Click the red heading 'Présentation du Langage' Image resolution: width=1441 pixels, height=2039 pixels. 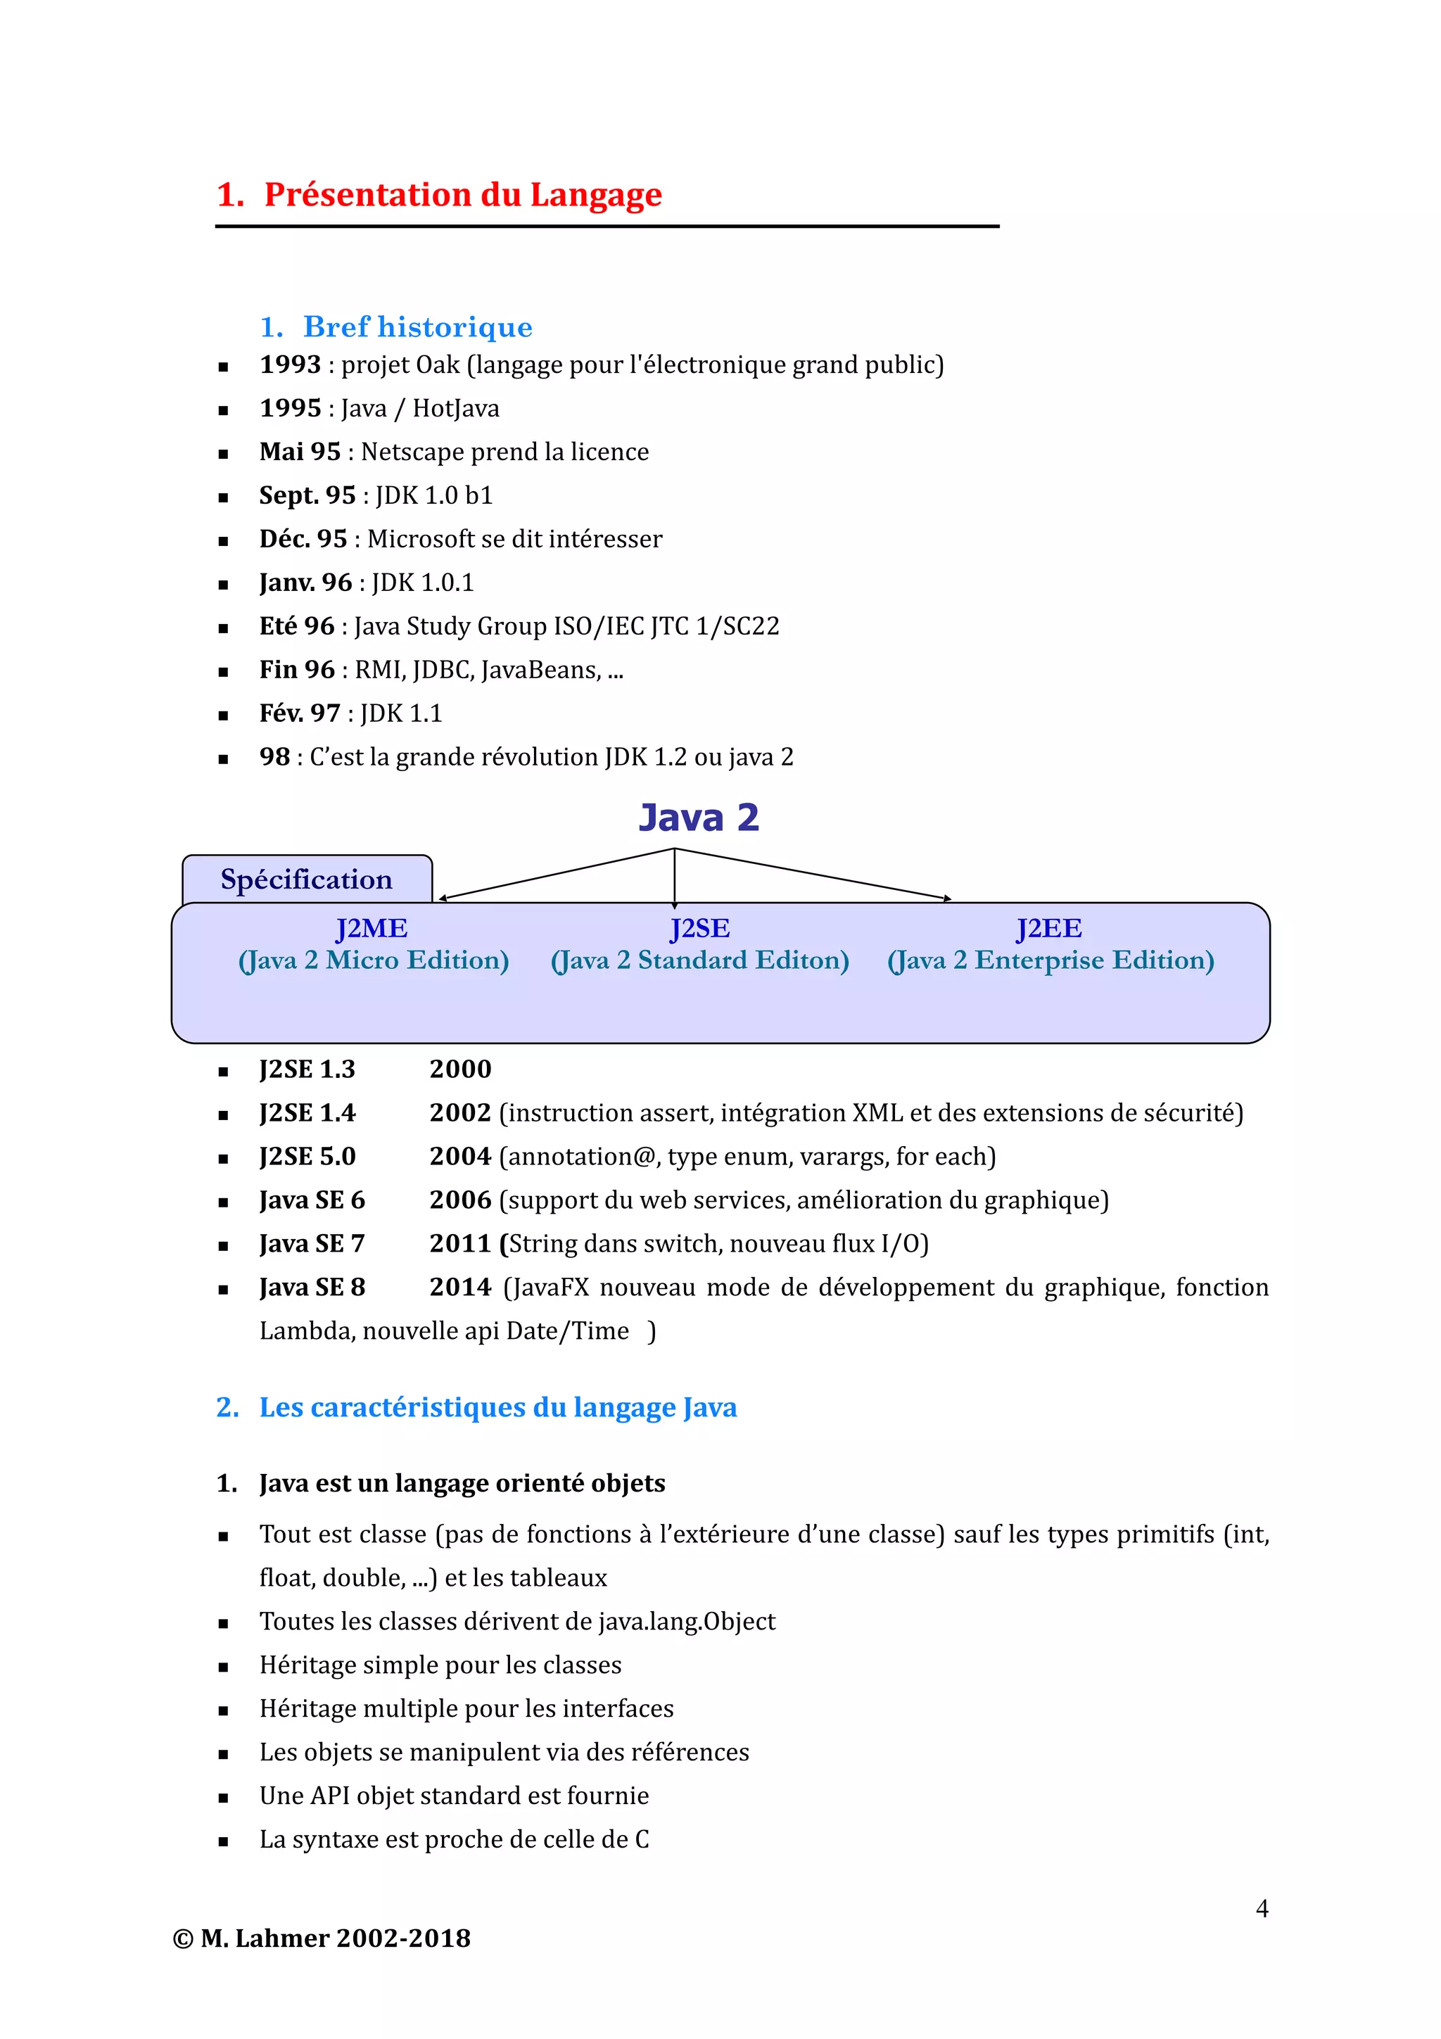click(x=462, y=194)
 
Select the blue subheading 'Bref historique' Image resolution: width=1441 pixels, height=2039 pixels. click(x=417, y=326)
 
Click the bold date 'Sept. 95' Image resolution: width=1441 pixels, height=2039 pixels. click(x=307, y=495)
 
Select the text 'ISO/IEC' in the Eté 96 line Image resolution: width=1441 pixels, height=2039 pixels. click(x=598, y=626)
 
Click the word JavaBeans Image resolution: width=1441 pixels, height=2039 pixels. click(x=540, y=670)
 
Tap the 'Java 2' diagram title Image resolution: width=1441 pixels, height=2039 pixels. click(x=699, y=817)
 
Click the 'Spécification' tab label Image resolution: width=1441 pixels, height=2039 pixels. click(x=306, y=879)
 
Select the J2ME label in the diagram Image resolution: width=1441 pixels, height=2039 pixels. click(x=371, y=928)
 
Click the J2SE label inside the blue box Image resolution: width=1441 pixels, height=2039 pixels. click(x=699, y=928)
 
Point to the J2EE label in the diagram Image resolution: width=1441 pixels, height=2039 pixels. click(x=1048, y=928)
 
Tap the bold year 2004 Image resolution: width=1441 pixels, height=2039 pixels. click(x=460, y=1156)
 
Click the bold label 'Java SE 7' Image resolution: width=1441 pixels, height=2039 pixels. click(x=312, y=1243)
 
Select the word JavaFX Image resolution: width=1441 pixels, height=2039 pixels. click(x=550, y=1287)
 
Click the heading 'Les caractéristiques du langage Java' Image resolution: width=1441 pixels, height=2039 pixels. click(x=497, y=1408)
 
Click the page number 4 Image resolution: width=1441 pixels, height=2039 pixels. click(x=1262, y=1907)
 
